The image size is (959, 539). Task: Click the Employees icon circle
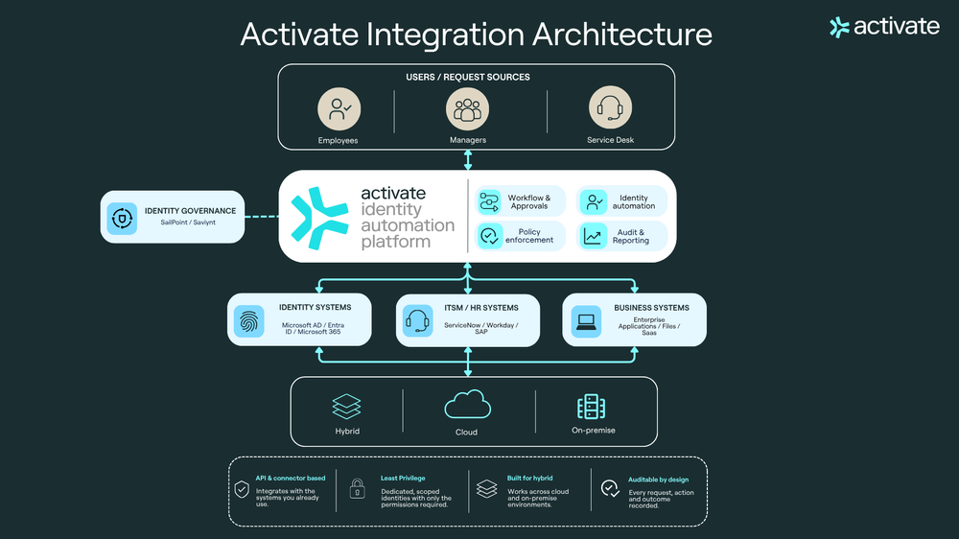339,109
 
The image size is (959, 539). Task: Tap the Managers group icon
467,109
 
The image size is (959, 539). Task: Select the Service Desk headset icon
610,107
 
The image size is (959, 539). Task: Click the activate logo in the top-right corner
884,27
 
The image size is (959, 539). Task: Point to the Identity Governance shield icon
122,218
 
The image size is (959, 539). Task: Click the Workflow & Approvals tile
520,202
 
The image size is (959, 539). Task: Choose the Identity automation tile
621,202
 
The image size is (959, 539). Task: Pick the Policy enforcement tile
520,236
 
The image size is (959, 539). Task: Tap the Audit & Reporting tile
621,236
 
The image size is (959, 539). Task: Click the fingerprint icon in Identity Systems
249,321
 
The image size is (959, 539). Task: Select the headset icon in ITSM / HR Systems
418,320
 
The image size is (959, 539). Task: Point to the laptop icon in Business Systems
586,321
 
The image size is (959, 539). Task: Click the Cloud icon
467,405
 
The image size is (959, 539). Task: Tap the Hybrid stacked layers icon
347,407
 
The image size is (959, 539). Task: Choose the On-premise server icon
592,407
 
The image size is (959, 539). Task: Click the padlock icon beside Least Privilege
357,489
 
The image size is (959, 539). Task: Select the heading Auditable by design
658,480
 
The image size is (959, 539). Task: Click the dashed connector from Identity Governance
262,217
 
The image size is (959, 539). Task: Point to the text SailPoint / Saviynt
188,223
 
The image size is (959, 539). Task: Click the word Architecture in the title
622,35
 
